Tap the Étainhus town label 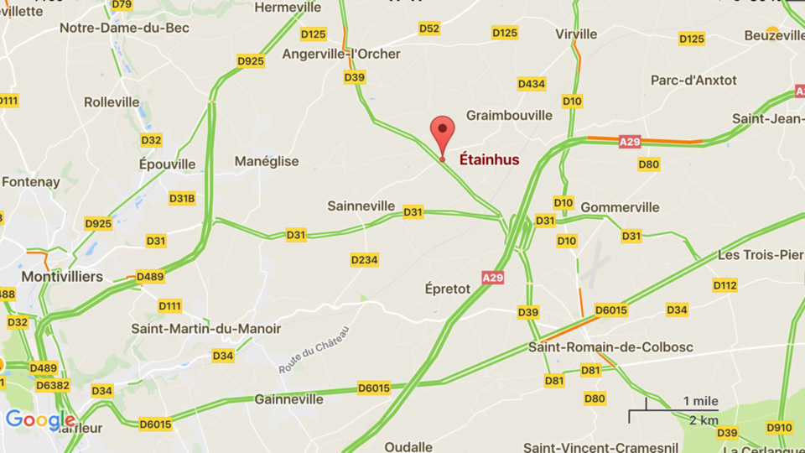click(x=489, y=159)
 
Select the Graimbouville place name click(x=509, y=115)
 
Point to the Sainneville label click(x=361, y=206)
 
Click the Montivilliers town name click(x=62, y=276)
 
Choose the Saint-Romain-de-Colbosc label click(x=610, y=346)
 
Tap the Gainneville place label click(x=288, y=399)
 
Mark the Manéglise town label click(x=267, y=161)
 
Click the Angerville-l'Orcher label click(x=341, y=54)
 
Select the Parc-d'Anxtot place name click(x=693, y=80)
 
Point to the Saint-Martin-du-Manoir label click(x=205, y=329)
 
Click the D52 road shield click(x=429, y=29)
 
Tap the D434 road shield click(x=532, y=84)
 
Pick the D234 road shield click(x=365, y=260)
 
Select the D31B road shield click(x=182, y=198)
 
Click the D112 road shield click(x=725, y=285)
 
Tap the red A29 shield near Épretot click(x=493, y=277)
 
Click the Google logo click(x=40, y=419)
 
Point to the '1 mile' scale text click(x=699, y=400)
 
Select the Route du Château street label click(x=314, y=350)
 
